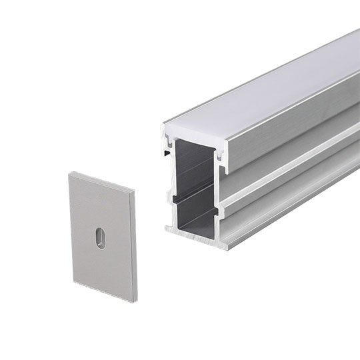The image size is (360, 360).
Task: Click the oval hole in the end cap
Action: click(100, 238)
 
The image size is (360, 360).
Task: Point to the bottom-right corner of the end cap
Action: click(135, 301)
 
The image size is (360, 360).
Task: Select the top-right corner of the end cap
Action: click(134, 191)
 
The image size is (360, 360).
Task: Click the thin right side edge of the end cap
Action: click(133, 247)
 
